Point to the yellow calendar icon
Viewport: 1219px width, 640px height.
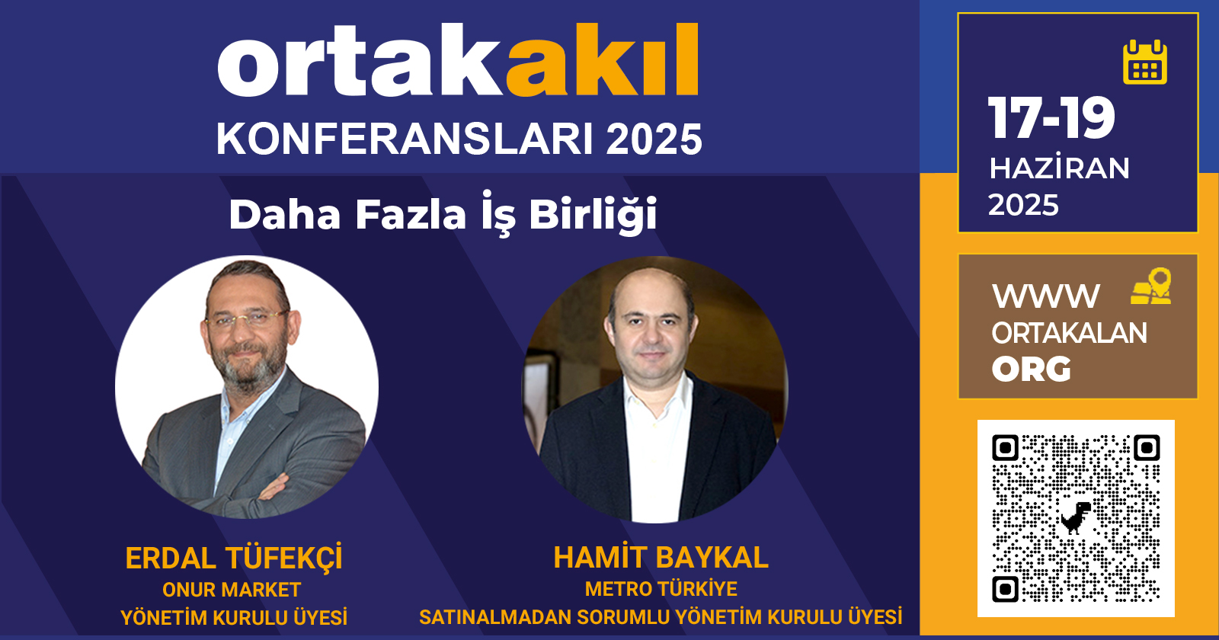coord(1145,62)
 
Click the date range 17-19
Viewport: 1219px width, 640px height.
coord(1051,118)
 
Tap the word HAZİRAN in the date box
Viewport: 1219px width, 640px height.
coord(1059,168)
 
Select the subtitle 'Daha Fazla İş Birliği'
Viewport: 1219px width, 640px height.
coord(443,214)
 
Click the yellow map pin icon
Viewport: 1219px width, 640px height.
coord(1151,286)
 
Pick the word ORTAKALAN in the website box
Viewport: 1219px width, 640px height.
coord(1069,333)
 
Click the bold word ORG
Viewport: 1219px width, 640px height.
coord(1032,370)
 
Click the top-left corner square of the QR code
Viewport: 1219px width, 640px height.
coord(1005,448)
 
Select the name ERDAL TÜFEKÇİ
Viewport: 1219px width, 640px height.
coord(234,558)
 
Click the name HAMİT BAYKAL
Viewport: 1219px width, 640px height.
coord(661,558)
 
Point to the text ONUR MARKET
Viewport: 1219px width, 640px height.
coord(232,590)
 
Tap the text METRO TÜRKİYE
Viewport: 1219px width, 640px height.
coord(661,589)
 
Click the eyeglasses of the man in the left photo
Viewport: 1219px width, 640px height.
coord(247,319)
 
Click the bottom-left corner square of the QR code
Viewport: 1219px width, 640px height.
coord(1005,589)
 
